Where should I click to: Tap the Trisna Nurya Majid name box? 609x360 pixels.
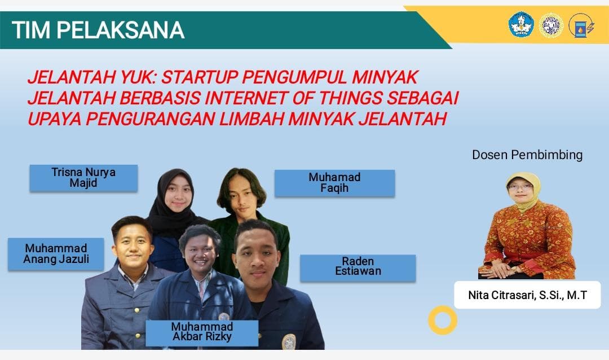pyautogui.click(x=83, y=178)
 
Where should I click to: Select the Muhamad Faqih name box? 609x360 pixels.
pyautogui.click(x=334, y=183)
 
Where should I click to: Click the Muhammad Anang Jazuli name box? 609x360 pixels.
pyautogui.click(x=56, y=254)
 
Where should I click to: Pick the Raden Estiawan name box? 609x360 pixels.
pyautogui.click(x=358, y=267)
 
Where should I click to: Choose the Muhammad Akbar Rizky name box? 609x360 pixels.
pyautogui.click(x=202, y=332)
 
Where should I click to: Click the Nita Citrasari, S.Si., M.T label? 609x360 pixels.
pyautogui.click(x=527, y=295)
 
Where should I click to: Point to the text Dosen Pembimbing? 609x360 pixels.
pyautogui.click(x=527, y=155)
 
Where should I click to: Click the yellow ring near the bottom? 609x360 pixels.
pyautogui.click(x=443, y=320)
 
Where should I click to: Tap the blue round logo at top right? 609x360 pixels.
pyautogui.click(x=521, y=25)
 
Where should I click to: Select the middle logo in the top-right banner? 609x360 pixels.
pyautogui.click(x=551, y=25)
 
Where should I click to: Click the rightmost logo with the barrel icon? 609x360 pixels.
pyautogui.click(x=581, y=25)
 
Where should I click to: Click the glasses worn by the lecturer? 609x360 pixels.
pyautogui.click(x=519, y=187)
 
